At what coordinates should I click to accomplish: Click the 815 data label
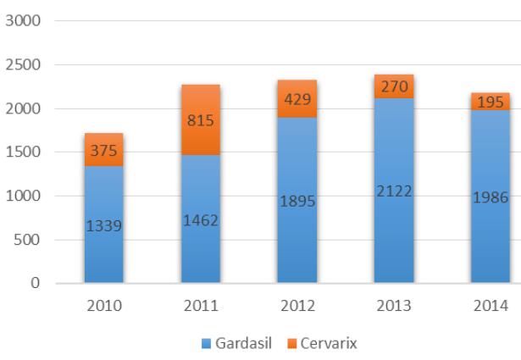[200, 120]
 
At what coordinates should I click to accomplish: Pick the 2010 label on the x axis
[103, 305]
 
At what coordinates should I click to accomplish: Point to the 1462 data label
[200, 220]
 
